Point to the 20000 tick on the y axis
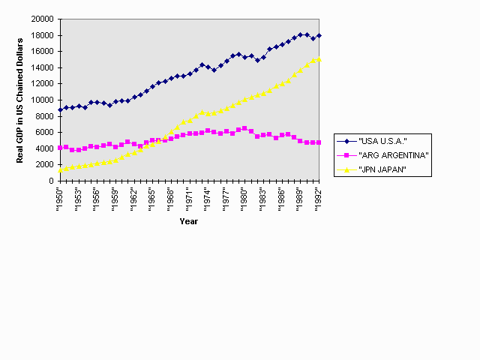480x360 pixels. [43, 19]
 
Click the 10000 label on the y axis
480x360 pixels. [43, 100]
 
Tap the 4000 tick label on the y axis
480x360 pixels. [45, 148]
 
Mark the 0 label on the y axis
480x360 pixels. [51, 181]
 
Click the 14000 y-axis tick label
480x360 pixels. [43, 67]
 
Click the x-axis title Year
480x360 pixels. [189, 220]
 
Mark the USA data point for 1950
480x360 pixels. [60, 109]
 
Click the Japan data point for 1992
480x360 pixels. [319, 59]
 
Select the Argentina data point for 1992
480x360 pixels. [319, 142]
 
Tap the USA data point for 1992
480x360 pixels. [319, 35]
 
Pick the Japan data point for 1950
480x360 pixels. [60, 169]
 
